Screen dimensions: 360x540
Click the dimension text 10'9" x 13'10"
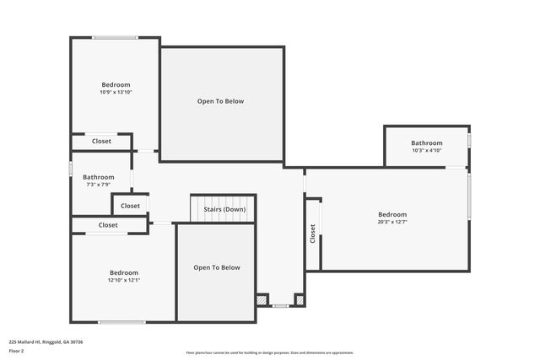pyautogui.click(x=116, y=92)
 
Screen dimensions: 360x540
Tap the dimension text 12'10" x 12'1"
pyautogui.click(x=123, y=280)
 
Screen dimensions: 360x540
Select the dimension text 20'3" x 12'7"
pyautogui.click(x=392, y=223)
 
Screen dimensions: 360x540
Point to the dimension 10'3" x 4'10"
pyautogui.click(x=427, y=151)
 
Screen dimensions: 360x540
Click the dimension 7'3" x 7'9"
pyautogui.click(x=98, y=185)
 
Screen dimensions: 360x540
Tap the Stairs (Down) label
pyautogui.click(x=224, y=209)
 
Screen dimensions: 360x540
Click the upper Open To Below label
pyautogui.click(x=220, y=101)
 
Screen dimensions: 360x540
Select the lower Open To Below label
pyautogui.click(x=217, y=267)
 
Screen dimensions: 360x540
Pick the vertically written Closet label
pyautogui.click(x=313, y=234)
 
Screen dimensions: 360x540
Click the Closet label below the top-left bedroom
pyautogui.click(x=101, y=141)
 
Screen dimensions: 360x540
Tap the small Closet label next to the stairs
pyautogui.click(x=130, y=206)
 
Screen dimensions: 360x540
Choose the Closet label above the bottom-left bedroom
pyautogui.click(x=108, y=225)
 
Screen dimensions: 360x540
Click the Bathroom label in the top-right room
pyautogui.click(x=427, y=143)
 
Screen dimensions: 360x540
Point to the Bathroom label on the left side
pyautogui.click(x=98, y=177)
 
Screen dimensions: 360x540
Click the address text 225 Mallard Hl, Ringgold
pyautogui.click(x=46, y=342)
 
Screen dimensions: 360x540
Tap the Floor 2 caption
pyautogui.click(x=16, y=350)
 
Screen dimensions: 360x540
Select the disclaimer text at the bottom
pyautogui.click(x=269, y=352)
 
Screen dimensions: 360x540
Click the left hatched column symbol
pyautogui.click(x=262, y=299)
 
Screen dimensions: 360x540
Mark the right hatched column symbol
pyautogui.click(x=298, y=299)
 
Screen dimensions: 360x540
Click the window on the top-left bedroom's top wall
pyautogui.click(x=116, y=37)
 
